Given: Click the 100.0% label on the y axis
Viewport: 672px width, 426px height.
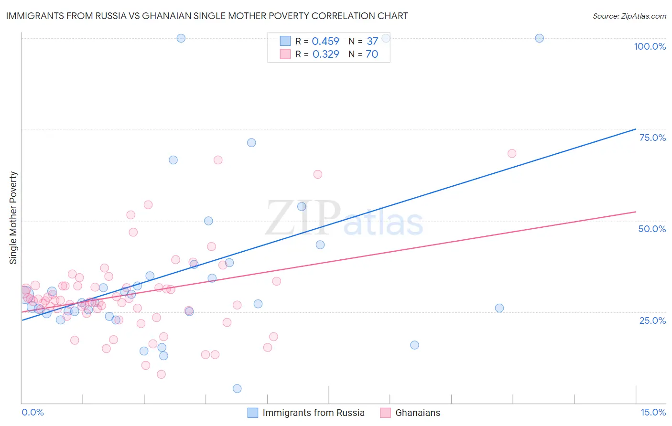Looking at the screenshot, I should click(x=650, y=46).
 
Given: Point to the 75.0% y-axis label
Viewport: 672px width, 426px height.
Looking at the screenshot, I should click(x=652, y=138).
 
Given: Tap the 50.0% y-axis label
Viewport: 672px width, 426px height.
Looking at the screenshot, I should click(x=652, y=229).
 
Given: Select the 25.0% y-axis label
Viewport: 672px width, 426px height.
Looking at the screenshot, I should click(x=652, y=320).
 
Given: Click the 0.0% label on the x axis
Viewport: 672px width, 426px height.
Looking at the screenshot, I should click(x=33, y=412).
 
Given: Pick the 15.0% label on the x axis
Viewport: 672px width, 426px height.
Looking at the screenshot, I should click(x=653, y=412).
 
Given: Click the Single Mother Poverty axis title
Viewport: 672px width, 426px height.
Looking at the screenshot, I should click(x=13, y=218).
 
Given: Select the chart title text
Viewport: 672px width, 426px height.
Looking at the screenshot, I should click(x=207, y=16).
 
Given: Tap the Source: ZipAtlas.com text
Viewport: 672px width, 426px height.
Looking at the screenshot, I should click(x=629, y=16).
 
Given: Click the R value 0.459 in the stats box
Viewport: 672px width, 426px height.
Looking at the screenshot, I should click(x=325, y=42).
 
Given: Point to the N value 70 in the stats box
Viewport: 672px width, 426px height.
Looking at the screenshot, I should click(x=372, y=54).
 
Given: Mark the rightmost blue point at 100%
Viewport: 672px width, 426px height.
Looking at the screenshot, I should click(x=539, y=38).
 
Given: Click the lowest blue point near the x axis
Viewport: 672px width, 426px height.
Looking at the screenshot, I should click(x=237, y=389).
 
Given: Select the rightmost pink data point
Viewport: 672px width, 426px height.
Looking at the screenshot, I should click(x=512, y=153).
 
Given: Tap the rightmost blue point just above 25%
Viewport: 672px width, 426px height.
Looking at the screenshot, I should click(x=499, y=308).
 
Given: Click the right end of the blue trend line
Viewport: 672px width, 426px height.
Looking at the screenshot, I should click(x=636, y=129).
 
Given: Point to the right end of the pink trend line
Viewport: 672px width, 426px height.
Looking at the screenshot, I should click(x=636, y=212).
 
